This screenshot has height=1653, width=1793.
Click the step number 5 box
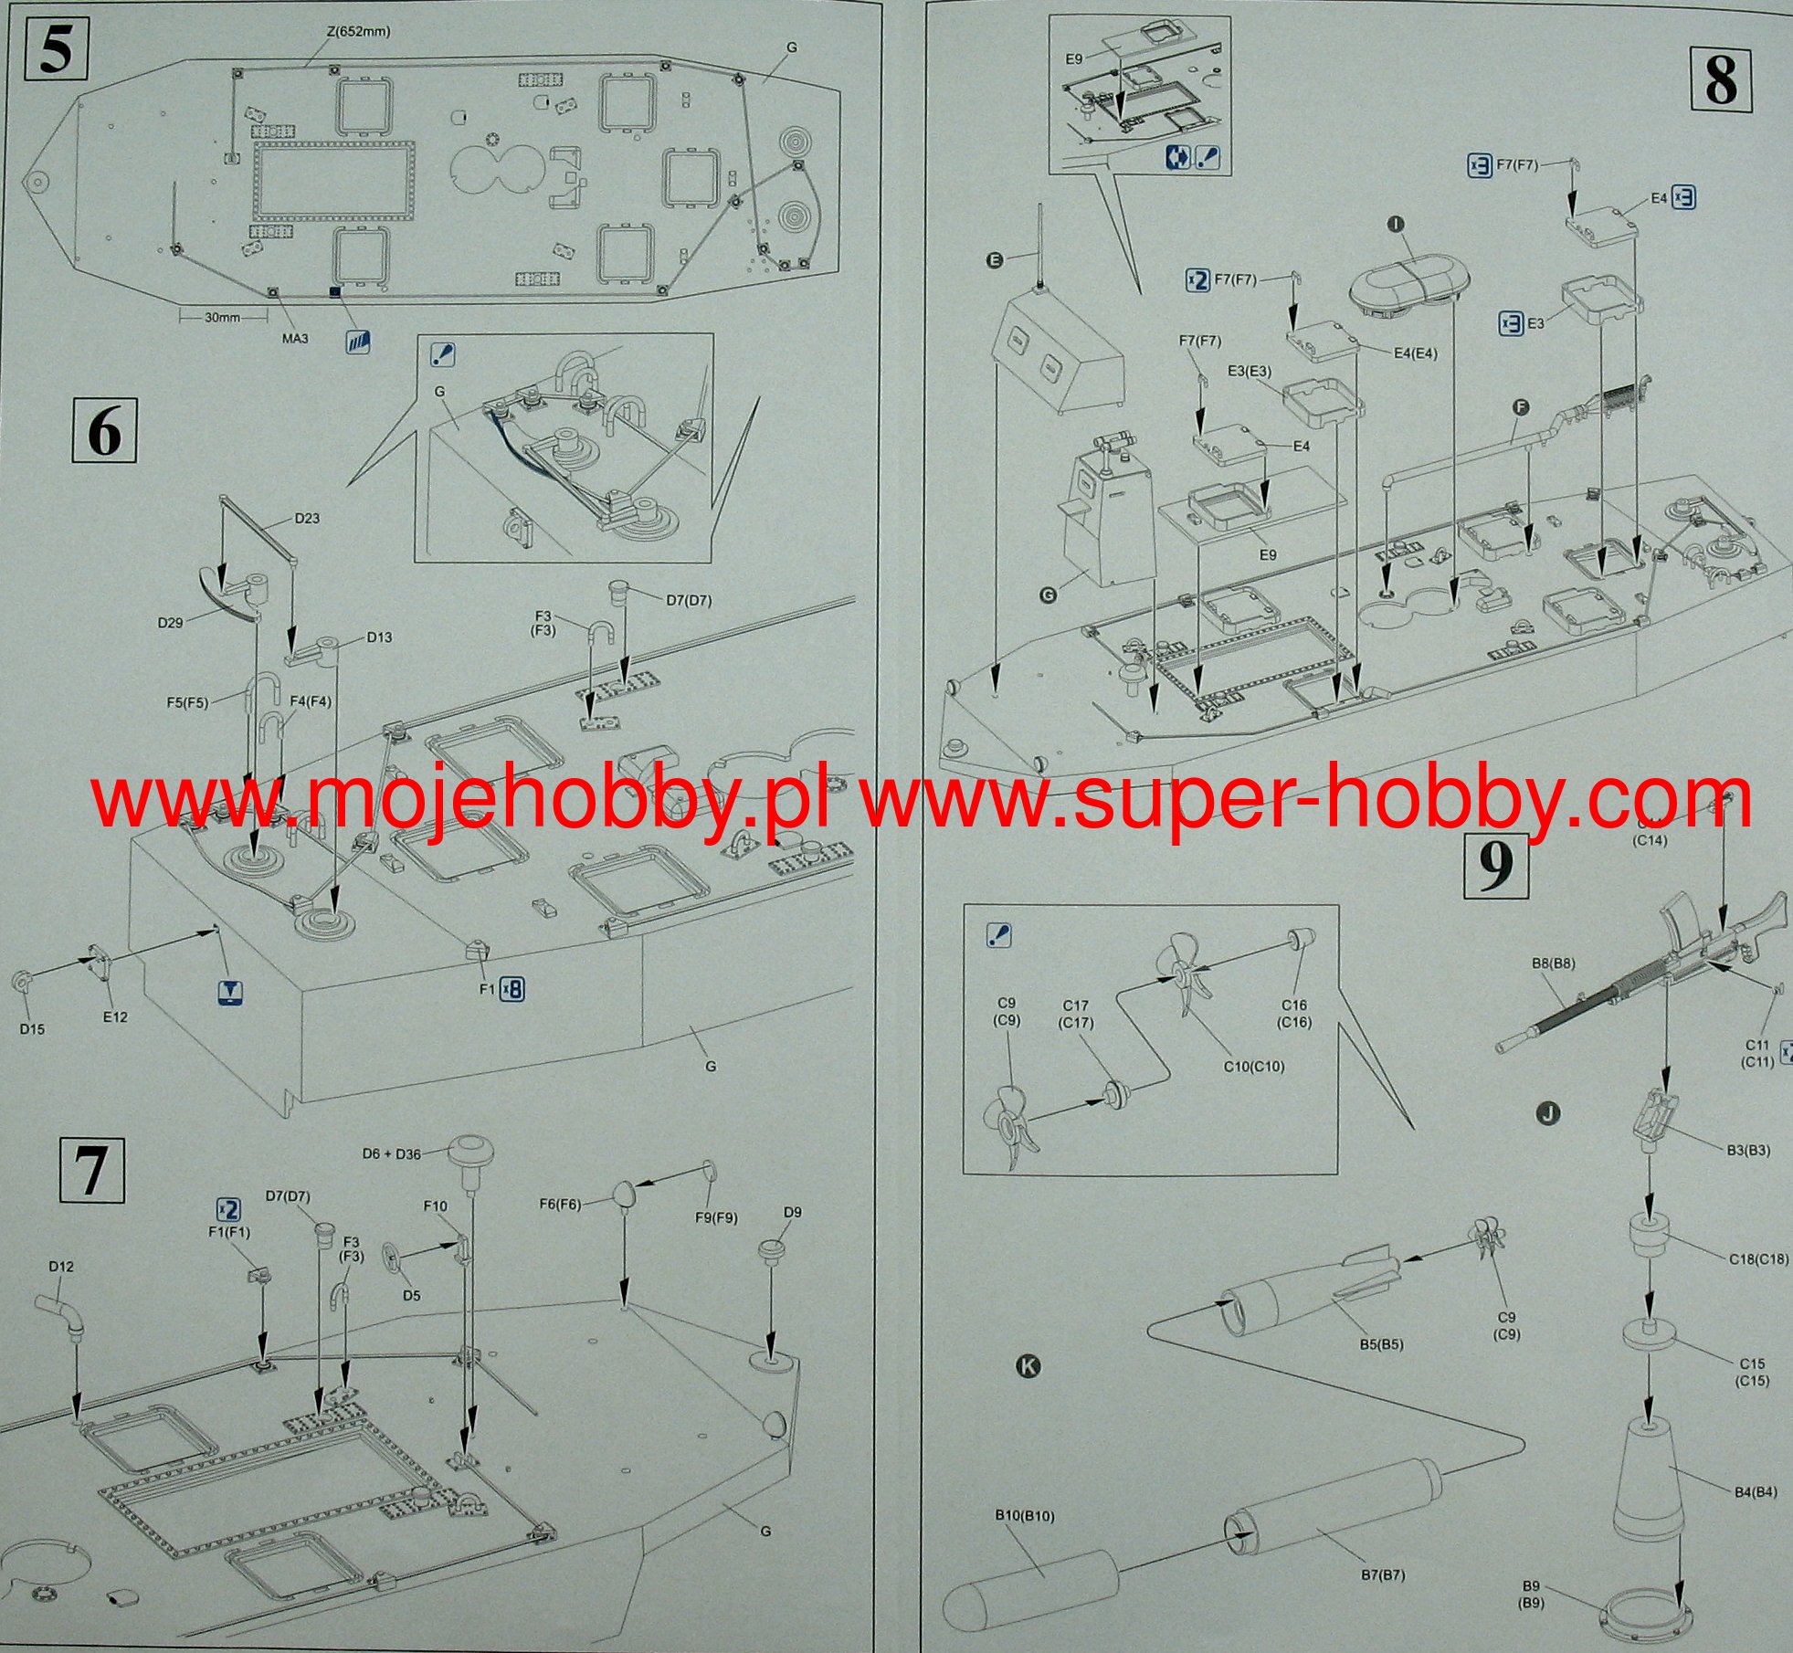click(x=56, y=51)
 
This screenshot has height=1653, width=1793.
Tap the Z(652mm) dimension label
click(x=358, y=32)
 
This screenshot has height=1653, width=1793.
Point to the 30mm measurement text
click(x=222, y=318)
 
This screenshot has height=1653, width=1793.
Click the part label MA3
click(x=295, y=339)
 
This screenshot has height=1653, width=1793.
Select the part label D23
click(x=307, y=519)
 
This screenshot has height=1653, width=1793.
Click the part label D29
click(x=170, y=623)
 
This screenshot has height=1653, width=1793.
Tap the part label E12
click(x=115, y=1016)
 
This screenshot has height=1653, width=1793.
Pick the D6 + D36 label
click(x=391, y=1153)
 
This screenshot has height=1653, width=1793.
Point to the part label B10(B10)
click(x=1025, y=1516)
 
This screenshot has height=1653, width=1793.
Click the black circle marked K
click(x=1028, y=1366)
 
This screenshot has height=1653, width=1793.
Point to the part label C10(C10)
click(x=1254, y=1066)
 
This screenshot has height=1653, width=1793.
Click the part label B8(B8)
click(x=1553, y=963)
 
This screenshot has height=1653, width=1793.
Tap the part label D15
click(x=32, y=1029)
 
